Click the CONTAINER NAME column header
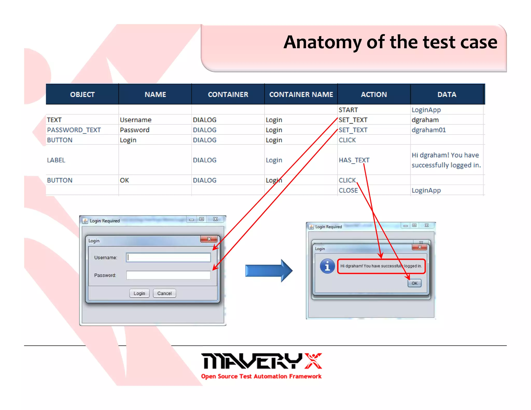click(301, 94)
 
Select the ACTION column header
click(374, 94)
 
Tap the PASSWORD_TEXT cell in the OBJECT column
click(74, 130)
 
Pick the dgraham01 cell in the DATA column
click(429, 130)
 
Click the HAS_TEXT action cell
click(354, 160)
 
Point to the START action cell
click(348, 110)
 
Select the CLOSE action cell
click(348, 190)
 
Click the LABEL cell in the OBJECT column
click(56, 160)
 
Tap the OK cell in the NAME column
click(124, 180)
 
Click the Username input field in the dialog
click(169, 258)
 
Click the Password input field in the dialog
click(169, 275)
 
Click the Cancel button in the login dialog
click(164, 293)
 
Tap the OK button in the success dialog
click(414, 283)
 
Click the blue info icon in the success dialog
click(327, 266)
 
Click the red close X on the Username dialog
click(209, 239)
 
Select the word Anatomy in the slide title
click(322, 42)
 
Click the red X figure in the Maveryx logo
click(313, 361)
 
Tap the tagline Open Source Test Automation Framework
click(261, 376)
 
